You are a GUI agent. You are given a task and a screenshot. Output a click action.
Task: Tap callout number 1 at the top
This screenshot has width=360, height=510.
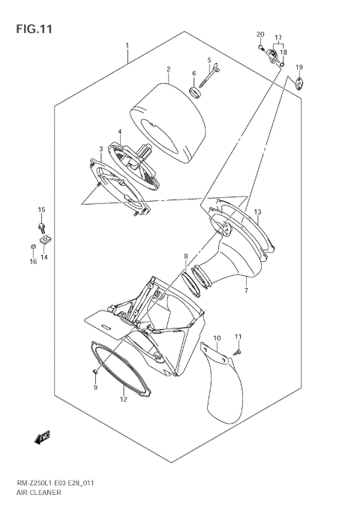tap(127, 45)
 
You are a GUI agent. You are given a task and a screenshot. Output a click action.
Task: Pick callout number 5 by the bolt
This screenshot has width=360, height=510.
tap(209, 60)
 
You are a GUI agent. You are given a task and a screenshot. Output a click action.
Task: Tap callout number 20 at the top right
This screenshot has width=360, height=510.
tap(260, 35)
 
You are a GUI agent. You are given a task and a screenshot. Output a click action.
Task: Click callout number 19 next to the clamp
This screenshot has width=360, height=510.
tap(298, 68)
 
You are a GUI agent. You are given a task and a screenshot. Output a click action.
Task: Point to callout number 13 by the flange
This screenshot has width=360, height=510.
tap(257, 212)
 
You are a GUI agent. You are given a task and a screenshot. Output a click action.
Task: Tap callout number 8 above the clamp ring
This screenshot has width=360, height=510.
tap(186, 257)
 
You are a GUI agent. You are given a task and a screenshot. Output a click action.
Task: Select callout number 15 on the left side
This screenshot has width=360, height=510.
tap(42, 209)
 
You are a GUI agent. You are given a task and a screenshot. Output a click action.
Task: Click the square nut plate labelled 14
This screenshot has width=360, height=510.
tap(46, 240)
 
